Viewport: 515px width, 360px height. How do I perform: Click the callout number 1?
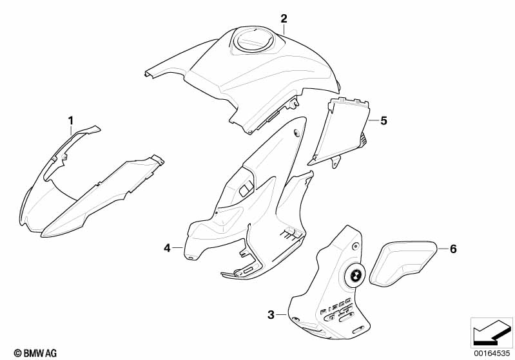[71, 121]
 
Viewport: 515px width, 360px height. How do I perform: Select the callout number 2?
[284, 19]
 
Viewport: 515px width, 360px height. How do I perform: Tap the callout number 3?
[271, 315]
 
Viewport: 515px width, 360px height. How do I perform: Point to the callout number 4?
[167, 248]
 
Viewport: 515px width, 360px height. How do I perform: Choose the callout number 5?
[384, 121]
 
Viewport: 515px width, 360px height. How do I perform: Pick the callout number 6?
[453, 249]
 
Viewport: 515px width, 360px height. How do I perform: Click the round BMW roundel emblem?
[354, 276]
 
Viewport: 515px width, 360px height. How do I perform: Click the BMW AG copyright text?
[35, 353]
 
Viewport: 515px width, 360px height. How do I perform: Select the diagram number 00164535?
[492, 353]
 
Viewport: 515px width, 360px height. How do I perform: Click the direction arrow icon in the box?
[492, 333]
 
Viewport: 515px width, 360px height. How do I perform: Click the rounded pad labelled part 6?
[403, 263]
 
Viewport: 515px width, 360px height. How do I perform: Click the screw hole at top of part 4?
[296, 133]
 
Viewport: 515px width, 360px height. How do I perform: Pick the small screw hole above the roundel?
[355, 246]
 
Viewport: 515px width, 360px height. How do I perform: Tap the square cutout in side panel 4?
[246, 189]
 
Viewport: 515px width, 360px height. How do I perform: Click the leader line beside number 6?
[443, 249]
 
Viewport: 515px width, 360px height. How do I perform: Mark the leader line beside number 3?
[281, 315]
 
